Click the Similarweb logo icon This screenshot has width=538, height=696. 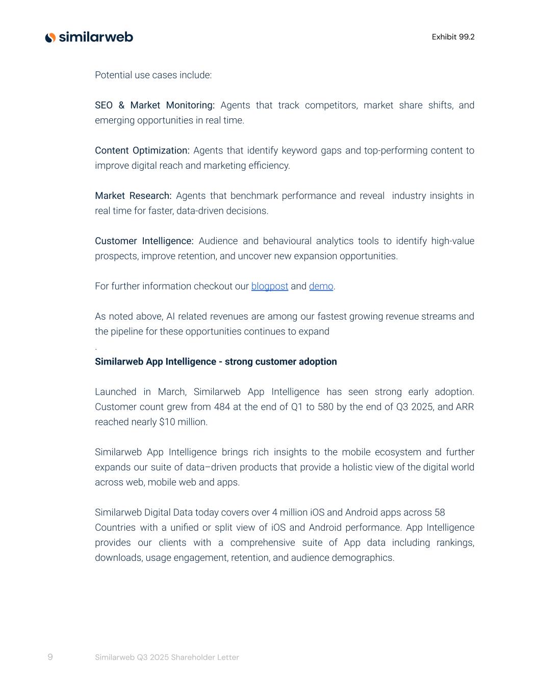[x=50, y=37]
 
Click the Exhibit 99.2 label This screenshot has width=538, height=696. [x=453, y=37]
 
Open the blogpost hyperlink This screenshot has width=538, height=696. [x=269, y=286]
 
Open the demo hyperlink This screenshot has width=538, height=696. [x=321, y=286]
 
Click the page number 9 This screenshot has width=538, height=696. [x=50, y=657]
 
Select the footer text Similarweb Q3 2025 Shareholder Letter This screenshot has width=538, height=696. [x=167, y=657]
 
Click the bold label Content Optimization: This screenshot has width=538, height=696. [x=142, y=150]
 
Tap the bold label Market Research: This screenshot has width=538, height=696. [x=133, y=196]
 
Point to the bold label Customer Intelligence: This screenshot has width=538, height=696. [x=144, y=241]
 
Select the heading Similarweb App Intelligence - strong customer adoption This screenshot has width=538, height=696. [x=216, y=362]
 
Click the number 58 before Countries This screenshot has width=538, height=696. [x=440, y=512]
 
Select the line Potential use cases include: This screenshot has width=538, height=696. [x=153, y=75]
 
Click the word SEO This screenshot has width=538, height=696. [x=104, y=105]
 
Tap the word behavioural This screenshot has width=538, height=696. [x=287, y=241]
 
